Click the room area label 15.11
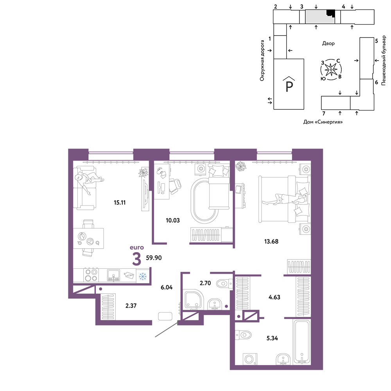[x=120, y=203]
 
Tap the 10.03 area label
[x=172, y=221]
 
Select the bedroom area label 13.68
[x=271, y=241]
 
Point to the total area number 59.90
[x=154, y=258]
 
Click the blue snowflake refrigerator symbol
[x=143, y=276]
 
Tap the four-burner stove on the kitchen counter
[x=91, y=275]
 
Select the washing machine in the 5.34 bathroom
[x=250, y=359]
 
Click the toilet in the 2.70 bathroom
[x=224, y=283]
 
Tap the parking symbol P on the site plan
[x=289, y=84]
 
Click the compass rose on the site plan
[x=331, y=70]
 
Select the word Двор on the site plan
[x=328, y=43]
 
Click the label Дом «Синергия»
[x=323, y=122]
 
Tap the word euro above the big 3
[x=137, y=248]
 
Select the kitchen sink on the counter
[x=114, y=275]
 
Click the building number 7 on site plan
[x=324, y=113]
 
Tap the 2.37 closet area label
[x=131, y=305]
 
